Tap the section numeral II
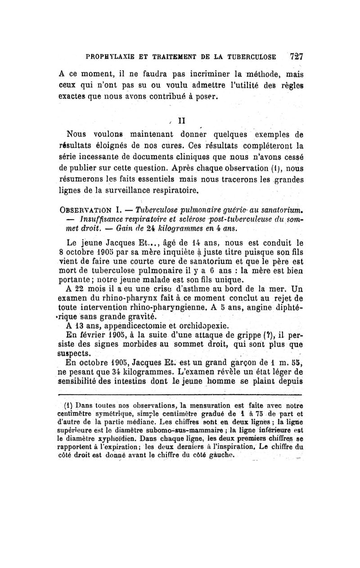click(x=182, y=121)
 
